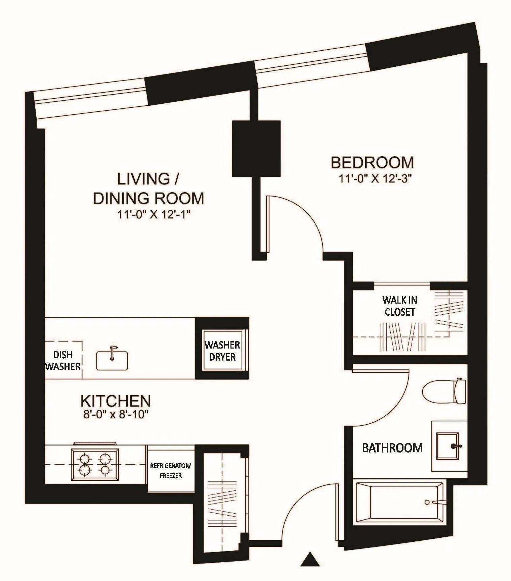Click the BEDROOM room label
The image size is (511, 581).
(372, 162)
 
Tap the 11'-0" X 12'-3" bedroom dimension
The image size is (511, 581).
(375, 179)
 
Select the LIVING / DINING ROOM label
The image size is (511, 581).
(148, 189)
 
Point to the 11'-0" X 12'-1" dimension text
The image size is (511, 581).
(154, 214)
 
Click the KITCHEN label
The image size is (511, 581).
(116, 401)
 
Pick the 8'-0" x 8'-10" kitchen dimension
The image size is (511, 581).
(116, 415)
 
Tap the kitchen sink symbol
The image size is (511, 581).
(112, 360)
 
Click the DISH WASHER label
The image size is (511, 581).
(63, 361)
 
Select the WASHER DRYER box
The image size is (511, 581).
(222, 351)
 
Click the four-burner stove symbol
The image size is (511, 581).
(95, 465)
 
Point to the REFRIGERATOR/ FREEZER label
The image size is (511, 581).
(171, 471)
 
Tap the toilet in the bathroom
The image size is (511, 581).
(444, 391)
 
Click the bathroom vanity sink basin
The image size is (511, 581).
(448, 446)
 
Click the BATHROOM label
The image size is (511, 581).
(392, 448)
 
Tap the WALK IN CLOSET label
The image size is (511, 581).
(399, 306)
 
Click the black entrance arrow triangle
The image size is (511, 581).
(310, 559)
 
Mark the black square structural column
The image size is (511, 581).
(256, 148)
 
